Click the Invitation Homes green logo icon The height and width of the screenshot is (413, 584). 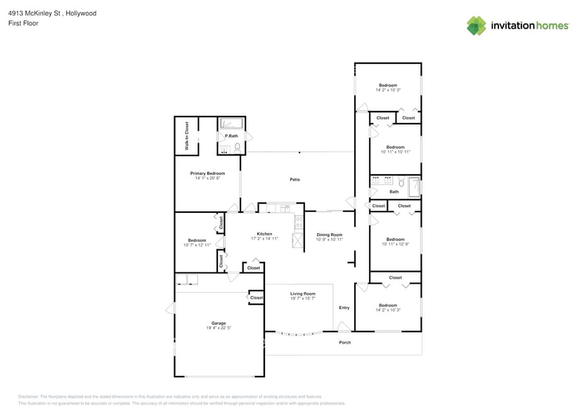pos(476,25)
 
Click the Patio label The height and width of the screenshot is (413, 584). pos(295,180)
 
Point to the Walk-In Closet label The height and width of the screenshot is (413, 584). pos(187,136)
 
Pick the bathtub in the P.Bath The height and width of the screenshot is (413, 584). pos(231,124)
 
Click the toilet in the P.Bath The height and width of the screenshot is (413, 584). pos(238,147)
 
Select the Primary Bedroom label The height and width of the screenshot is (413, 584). pos(207,173)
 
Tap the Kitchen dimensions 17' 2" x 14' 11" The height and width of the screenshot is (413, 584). pos(264,239)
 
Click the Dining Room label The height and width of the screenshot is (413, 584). pos(329,234)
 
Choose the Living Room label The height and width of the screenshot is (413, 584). pos(303,294)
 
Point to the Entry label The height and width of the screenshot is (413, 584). pos(344,308)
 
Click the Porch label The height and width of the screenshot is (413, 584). pos(344,342)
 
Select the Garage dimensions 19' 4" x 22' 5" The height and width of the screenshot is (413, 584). pos(219,328)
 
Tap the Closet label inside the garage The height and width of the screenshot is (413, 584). pos(257,298)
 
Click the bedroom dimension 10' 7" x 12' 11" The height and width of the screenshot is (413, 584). pos(197,245)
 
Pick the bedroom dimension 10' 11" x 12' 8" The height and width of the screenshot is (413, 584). pos(395,244)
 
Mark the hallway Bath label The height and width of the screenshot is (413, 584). pos(394,191)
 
